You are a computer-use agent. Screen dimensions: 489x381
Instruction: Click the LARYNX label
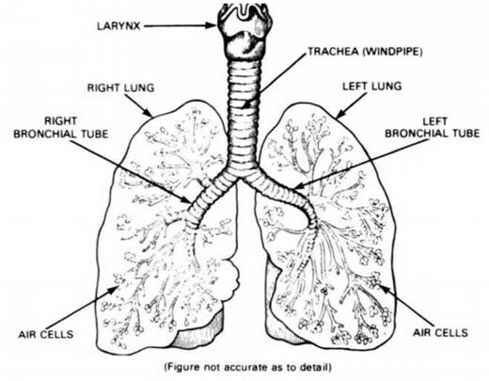[118, 25]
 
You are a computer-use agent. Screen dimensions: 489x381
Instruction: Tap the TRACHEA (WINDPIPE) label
[365, 52]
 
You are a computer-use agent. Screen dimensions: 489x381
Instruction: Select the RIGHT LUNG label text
[120, 87]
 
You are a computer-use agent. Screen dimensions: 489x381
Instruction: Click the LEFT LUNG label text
[372, 87]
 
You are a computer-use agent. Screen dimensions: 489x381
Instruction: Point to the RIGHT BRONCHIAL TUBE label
[61, 128]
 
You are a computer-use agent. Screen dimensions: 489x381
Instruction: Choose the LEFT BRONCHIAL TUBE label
[433, 128]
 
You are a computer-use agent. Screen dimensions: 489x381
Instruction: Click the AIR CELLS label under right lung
[46, 334]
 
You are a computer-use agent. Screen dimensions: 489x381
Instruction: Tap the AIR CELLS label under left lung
[440, 332]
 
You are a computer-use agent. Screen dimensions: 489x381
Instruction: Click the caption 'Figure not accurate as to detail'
[247, 367]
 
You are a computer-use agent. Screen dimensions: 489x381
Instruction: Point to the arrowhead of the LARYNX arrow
[212, 25]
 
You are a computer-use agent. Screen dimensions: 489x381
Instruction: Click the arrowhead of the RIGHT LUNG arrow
[148, 112]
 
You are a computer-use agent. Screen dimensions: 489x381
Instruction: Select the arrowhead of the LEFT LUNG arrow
[340, 114]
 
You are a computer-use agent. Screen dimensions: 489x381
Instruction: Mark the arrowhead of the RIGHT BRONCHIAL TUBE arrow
[186, 199]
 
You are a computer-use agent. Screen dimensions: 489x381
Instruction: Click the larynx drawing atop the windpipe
[245, 30]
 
